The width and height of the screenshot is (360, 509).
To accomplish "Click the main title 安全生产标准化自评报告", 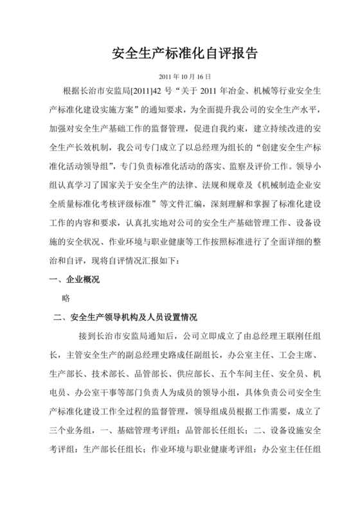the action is pos(180,53).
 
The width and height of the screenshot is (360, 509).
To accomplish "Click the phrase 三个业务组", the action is pos(71,429).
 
